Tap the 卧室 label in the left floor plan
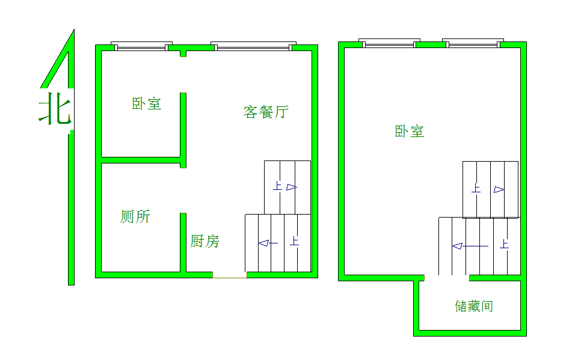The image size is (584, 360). click(147, 103)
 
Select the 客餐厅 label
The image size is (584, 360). click(266, 112)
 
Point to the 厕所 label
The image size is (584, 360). click(135, 216)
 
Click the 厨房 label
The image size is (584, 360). click(205, 242)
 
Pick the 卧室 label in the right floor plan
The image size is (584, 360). click(410, 131)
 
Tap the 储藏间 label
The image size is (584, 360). click(474, 306)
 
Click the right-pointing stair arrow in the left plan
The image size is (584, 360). click(292, 187)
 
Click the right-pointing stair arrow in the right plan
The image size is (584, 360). click(499, 190)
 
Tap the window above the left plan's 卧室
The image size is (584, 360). click(142, 46)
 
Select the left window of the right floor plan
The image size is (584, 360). click(387, 43)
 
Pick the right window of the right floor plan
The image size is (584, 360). click(472, 43)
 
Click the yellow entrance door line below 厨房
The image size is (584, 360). click(229, 277)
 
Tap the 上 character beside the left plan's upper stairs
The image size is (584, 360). click(277, 186)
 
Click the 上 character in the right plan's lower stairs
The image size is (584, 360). click(504, 244)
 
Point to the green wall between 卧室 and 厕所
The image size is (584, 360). click(141, 160)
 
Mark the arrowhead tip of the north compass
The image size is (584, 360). click(73, 30)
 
